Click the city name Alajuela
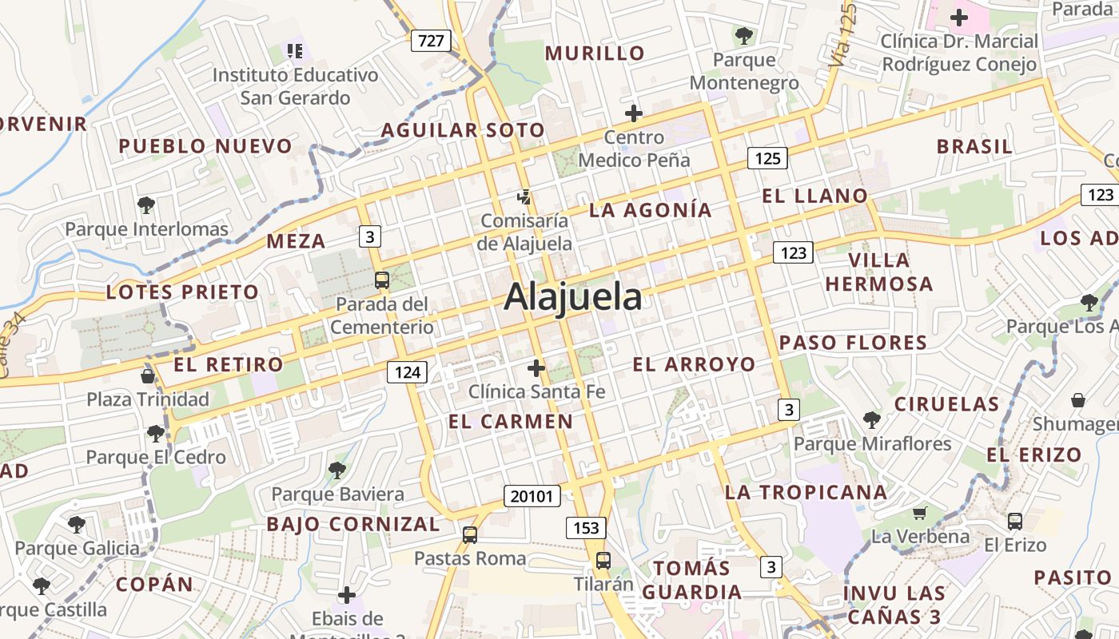tap(572, 297)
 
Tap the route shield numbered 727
tap(431, 41)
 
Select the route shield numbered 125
tap(767, 158)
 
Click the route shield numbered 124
tap(407, 371)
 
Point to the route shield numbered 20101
tap(532, 496)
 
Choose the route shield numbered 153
tap(586, 527)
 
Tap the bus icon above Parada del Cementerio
tap(382, 280)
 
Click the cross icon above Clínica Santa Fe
tap(536, 368)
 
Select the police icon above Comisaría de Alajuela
tap(524, 196)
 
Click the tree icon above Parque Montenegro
tap(743, 35)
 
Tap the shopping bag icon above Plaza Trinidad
tap(147, 375)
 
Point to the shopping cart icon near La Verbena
tap(920, 513)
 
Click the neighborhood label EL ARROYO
tap(694, 365)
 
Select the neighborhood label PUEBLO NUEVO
tap(205, 146)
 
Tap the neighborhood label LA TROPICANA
tap(806, 492)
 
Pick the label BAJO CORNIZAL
tap(352, 524)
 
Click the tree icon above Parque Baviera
tap(337, 470)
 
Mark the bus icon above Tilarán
tap(603, 560)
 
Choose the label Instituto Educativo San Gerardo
tap(296, 86)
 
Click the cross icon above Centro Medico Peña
tap(634, 113)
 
